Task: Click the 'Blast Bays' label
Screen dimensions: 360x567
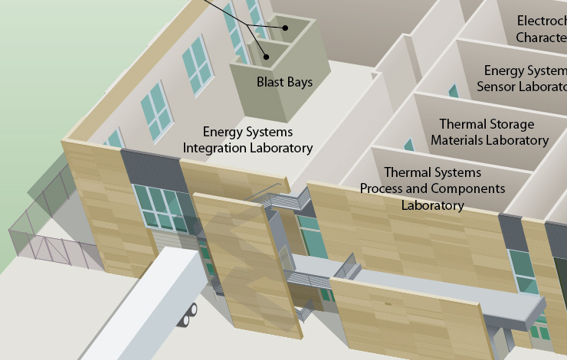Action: point(284,82)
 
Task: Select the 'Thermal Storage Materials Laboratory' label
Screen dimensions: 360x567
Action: point(488,132)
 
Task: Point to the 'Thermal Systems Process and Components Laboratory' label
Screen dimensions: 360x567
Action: point(432,188)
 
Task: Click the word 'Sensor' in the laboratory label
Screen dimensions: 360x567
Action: point(499,87)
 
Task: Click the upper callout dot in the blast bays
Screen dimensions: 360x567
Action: point(284,28)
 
